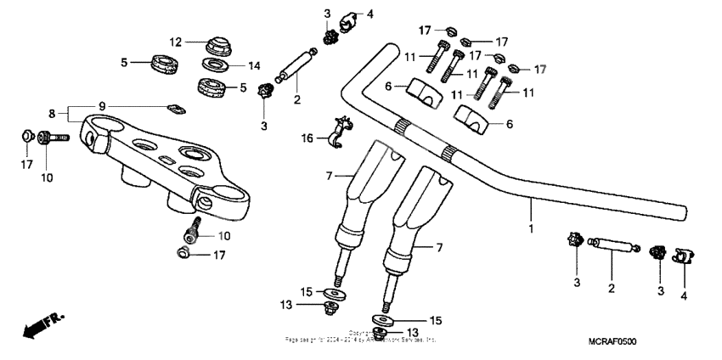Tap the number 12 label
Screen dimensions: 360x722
175,41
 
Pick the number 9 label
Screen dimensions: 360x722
102,105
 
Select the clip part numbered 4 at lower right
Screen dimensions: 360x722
682,255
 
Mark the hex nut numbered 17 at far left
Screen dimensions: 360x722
26,135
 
